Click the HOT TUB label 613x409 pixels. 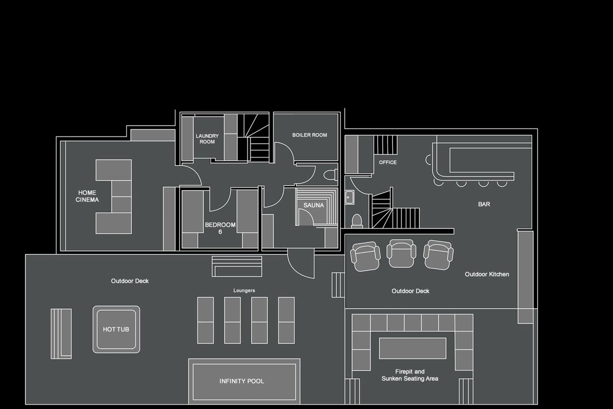pyautogui.click(x=116, y=329)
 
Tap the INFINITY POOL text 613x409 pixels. pyautogui.click(x=242, y=381)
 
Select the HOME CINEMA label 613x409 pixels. pyautogui.click(x=87, y=196)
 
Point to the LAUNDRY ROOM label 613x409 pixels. pyautogui.click(x=207, y=139)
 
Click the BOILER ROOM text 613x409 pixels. pyautogui.click(x=309, y=135)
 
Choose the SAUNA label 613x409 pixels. pyautogui.click(x=313, y=205)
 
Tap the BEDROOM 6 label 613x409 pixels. pyautogui.click(x=220, y=228)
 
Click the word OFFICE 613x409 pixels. pyautogui.click(x=388, y=162)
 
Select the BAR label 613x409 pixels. pyautogui.click(x=484, y=204)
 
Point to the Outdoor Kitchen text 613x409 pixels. pyautogui.click(x=487, y=274)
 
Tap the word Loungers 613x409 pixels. pyautogui.click(x=244, y=290)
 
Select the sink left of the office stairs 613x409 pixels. pyautogui.click(x=349, y=197)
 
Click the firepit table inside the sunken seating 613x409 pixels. pyautogui.click(x=412, y=348)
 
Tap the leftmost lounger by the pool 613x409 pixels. pyautogui.click(x=205, y=320)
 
